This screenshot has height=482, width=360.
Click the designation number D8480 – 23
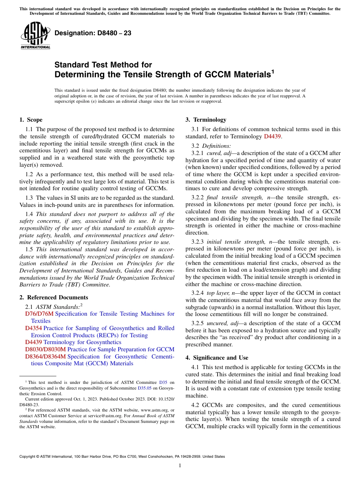pyautogui.click(x=93, y=33)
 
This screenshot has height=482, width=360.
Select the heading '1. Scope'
pyautogui.click(x=31, y=120)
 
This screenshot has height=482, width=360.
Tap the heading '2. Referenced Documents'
pyautogui.click(x=53, y=297)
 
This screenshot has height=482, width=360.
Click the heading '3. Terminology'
pyautogui.click(x=206, y=120)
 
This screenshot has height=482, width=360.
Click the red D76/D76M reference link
pyautogui.click(x=39, y=314)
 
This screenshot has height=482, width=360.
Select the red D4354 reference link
pyautogui.click(x=33, y=328)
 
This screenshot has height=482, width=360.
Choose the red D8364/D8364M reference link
pyautogui.click(x=45, y=357)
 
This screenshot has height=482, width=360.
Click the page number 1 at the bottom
pyautogui.click(x=180, y=466)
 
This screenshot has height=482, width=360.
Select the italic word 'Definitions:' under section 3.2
pyautogui.click(x=216, y=146)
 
